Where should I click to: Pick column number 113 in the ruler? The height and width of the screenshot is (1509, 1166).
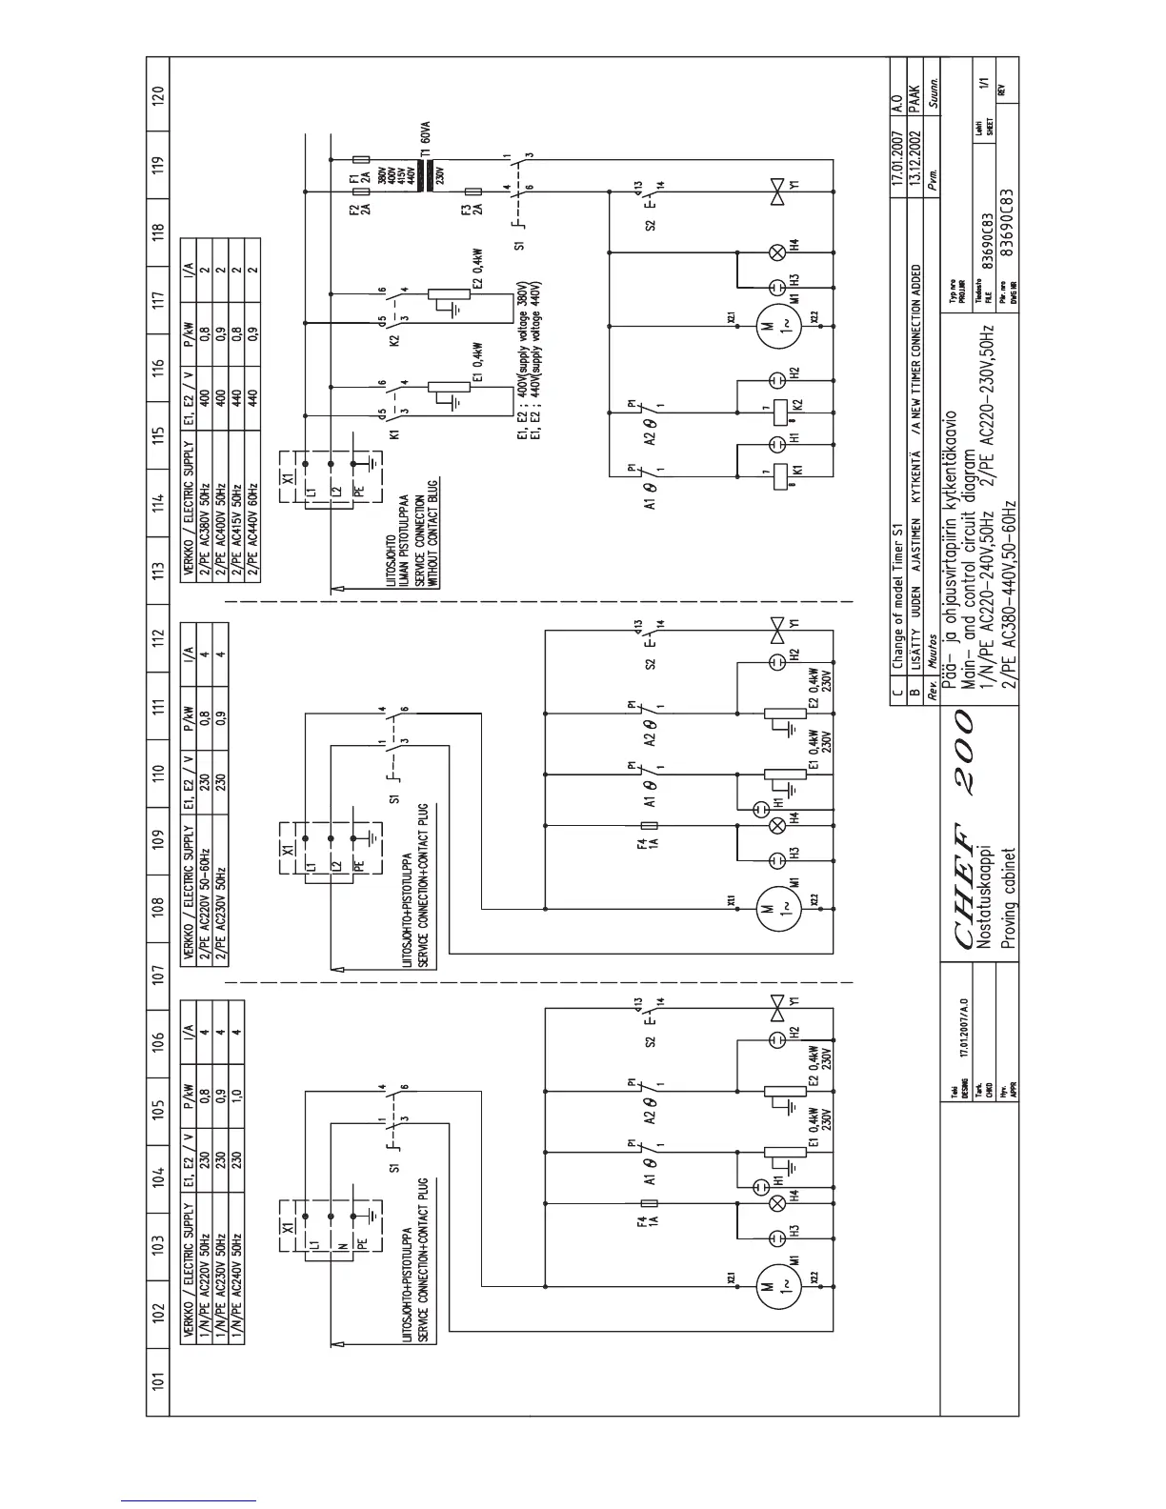[x=158, y=571]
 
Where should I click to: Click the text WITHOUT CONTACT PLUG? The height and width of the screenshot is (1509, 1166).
[x=431, y=533]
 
